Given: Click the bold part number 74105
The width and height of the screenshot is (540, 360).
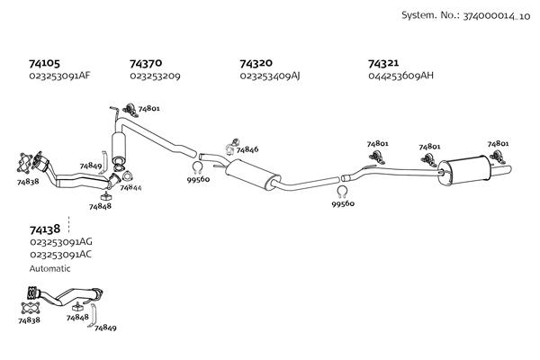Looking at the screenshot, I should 44,64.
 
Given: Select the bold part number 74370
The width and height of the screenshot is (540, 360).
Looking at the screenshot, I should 146,64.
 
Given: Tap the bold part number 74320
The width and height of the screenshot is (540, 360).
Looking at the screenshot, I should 256,64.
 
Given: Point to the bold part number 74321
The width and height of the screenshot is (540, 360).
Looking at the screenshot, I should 383,64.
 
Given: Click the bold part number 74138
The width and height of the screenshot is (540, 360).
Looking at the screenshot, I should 44,229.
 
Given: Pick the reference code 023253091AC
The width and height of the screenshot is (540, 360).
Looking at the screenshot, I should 60,254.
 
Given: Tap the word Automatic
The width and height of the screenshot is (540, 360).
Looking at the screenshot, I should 49,268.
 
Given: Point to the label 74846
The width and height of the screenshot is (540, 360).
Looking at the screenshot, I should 247,149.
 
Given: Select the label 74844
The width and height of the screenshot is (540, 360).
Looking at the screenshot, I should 130,187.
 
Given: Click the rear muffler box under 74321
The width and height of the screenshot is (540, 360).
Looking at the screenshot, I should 467,168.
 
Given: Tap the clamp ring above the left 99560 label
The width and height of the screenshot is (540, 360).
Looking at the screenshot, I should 197,166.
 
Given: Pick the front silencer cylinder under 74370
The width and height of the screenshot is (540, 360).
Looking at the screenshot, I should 118,145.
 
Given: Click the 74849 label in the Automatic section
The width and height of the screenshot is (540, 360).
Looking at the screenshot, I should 105,328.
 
